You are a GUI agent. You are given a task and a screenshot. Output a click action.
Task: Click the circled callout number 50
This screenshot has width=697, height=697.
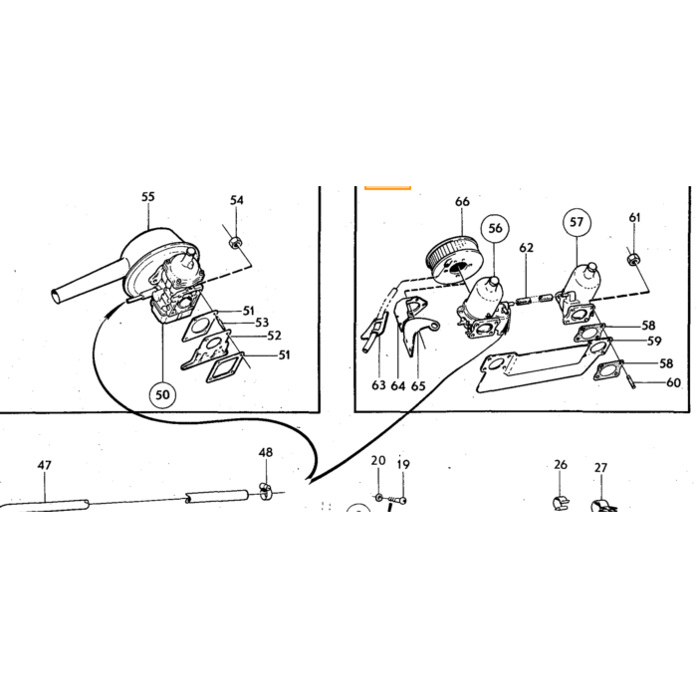coord(162,394)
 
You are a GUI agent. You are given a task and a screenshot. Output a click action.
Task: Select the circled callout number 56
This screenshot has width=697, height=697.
coord(495,228)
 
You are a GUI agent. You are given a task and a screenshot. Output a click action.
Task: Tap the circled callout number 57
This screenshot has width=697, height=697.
coord(577,222)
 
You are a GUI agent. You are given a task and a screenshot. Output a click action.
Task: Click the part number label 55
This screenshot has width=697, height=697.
coord(148,196)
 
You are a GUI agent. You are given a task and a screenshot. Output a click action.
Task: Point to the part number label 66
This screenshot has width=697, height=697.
coord(462,201)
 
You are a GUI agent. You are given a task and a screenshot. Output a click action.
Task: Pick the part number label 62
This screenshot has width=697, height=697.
coord(527,248)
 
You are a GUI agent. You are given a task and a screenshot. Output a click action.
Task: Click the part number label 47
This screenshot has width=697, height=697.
coord(44,465)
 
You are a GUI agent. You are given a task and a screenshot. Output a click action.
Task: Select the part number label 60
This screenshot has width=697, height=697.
coord(673,382)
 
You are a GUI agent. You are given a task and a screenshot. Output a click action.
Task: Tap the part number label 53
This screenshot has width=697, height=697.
coord(261,323)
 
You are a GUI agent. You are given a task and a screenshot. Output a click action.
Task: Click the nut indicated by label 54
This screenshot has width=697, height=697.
coord(234,243)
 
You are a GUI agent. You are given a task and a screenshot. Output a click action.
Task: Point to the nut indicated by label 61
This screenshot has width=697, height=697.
coord(631,259)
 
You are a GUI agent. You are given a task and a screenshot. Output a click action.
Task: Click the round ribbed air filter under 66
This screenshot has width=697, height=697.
coord(450,263)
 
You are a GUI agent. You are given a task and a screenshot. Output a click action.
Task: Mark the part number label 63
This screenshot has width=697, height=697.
coord(378,385)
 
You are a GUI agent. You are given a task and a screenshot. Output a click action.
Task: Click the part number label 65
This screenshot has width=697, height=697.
coord(418,386)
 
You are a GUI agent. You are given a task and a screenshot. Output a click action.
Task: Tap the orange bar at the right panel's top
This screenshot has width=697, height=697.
coord(387,187)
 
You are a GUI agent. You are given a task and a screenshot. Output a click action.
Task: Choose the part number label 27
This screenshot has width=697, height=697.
coord(600,468)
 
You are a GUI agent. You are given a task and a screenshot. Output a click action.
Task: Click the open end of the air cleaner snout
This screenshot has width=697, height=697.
coord(55,297)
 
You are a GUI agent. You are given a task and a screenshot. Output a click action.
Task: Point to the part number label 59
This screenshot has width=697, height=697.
coord(654,341)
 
